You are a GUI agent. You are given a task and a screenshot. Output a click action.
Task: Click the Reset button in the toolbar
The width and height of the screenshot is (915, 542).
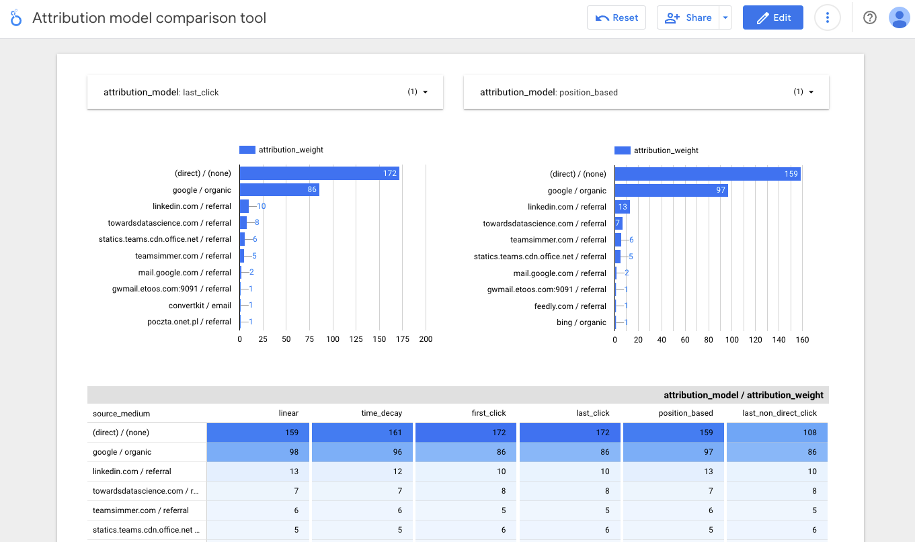click(x=616, y=18)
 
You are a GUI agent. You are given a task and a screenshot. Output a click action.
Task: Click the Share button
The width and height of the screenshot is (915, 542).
click(x=688, y=18)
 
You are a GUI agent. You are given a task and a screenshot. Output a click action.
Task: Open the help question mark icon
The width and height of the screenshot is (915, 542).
click(x=869, y=18)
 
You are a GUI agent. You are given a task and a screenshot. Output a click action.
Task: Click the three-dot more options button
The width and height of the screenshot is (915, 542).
click(x=827, y=18)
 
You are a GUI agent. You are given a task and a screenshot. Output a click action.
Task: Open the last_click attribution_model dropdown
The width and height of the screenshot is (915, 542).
click(x=265, y=92)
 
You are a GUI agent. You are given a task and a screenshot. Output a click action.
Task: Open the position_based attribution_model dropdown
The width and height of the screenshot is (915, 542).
click(x=645, y=92)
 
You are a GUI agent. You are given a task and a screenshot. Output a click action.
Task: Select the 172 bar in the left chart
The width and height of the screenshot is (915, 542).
click(x=319, y=173)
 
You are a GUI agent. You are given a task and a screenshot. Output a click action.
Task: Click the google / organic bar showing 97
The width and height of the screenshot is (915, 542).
click(x=671, y=191)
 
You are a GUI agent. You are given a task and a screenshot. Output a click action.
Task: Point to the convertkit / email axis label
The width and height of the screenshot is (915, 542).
click(x=200, y=306)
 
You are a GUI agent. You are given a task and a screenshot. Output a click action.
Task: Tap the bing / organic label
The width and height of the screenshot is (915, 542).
click(x=581, y=322)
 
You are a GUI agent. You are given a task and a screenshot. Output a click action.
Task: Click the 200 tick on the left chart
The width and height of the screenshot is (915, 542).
click(x=426, y=339)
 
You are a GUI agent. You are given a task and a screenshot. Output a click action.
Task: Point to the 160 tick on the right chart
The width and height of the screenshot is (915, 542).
click(x=802, y=340)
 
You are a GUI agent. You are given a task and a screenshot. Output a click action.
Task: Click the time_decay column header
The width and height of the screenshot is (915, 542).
click(x=381, y=413)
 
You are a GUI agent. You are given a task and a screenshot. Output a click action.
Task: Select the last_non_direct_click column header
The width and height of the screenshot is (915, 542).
click(x=779, y=413)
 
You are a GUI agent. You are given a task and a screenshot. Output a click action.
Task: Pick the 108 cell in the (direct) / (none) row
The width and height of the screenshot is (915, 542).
click(x=777, y=433)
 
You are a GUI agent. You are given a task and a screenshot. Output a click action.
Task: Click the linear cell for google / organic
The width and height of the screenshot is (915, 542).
click(x=257, y=452)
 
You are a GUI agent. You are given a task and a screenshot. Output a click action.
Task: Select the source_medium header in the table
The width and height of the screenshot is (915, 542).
click(x=122, y=414)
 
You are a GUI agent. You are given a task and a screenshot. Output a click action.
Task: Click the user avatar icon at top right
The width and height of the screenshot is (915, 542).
click(x=899, y=18)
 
